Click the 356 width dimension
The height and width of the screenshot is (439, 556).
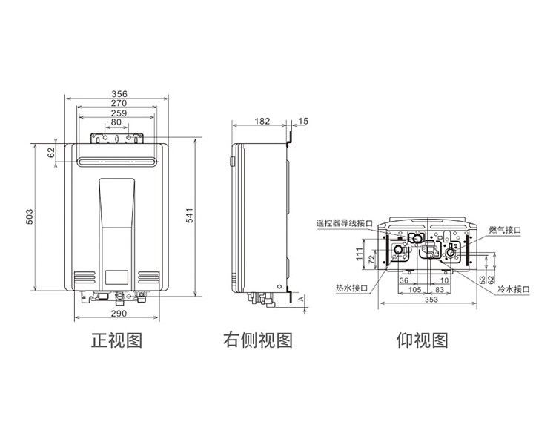pyautogui.click(x=119, y=94)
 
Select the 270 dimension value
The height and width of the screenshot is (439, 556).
pyautogui.click(x=119, y=103)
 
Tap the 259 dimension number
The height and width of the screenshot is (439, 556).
pyautogui.click(x=119, y=113)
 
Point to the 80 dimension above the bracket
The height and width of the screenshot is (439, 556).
pyautogui.click(x=116, y=122)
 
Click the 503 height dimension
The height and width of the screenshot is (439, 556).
pyautogui.click(x=30, y=217)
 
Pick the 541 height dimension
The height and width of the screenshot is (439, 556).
pyautogui.click(x=190, y=215)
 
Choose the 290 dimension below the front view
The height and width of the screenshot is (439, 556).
pyautogui.click(x=119, y=314)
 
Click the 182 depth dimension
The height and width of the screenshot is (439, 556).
pyautogui.click(x=262, y=122)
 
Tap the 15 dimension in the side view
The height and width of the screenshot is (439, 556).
pyautogui.click(x=303, y=122)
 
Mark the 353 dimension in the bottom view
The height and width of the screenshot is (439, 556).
pyautogui.click(x=431, y=300)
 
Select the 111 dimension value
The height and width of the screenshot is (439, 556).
pyautogui.click(x=360, y=254)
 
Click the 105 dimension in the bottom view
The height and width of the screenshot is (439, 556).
pyautogui.click(x=415, y=290)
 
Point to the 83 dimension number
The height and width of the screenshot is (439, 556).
pyautogui.click(x=440, y=290)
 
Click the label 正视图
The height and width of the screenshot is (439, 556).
pyautogui.click(x=117, y=340)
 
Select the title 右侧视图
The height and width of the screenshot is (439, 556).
pyautogui.click(x=258, y=340)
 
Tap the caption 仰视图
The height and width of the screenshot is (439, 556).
pyautogui.click(x=423, y=340)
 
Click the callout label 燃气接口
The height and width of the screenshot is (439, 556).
pyautogui.click(x=505, y=230)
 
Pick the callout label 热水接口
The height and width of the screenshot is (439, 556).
pyautogui.click(x=351, y=288)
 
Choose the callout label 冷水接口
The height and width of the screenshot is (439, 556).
pyautogui.click(x=514, y=289)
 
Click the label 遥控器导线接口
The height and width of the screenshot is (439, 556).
pyautogui.click(x=344, y=223)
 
